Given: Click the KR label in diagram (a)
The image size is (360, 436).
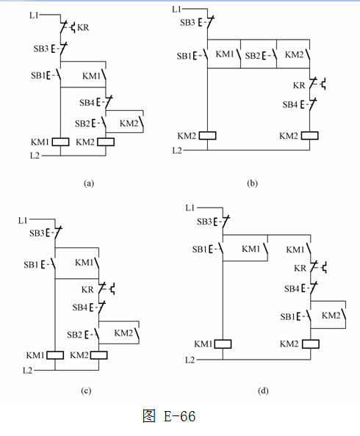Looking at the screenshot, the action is click(83, 28).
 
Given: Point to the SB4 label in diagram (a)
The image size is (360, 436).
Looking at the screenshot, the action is click(87, 103).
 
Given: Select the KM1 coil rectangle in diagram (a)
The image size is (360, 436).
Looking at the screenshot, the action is click(61, 142).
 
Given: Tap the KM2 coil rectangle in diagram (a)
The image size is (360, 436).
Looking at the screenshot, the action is click(106, 142).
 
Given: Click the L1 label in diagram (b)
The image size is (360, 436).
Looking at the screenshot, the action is click(176, 10).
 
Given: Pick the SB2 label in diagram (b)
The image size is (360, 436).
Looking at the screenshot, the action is click(252, 56).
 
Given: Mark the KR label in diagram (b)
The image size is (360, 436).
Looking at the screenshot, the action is click(299, 85).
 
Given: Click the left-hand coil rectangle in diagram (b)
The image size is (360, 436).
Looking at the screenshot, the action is click(207, 135).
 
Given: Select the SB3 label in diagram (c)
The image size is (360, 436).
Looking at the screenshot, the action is click(37, 233).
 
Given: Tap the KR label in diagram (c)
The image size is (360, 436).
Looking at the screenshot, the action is click(87, 289).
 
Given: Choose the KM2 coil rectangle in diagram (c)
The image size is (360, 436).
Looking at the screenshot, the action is click(99, 355).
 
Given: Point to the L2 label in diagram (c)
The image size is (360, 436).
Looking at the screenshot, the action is click(27, 371).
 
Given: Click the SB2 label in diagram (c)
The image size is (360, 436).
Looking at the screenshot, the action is click(74, 335).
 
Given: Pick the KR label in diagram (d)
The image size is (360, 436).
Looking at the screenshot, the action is click(300, 268).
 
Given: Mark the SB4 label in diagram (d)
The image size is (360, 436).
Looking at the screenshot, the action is click(292, 289).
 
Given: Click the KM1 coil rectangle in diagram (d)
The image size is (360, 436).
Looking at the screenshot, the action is click(223, 344).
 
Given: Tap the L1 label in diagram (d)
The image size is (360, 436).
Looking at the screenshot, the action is click(190, 208).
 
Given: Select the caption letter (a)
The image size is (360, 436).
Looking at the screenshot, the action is click(89, 184).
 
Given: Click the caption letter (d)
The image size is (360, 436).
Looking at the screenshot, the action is click(263, 391).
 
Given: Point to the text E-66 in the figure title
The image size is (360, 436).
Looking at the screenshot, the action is click(179, 416).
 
